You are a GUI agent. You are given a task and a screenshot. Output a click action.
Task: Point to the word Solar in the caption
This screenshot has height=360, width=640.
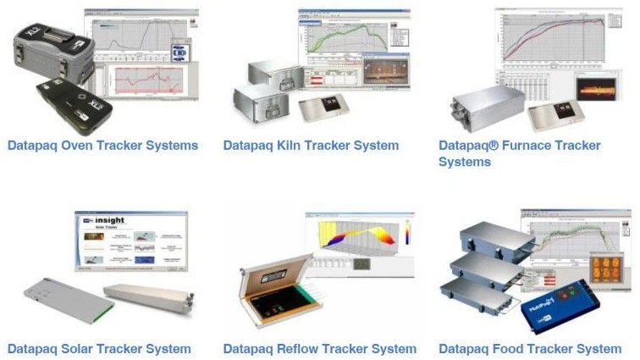click(x=74, y=349)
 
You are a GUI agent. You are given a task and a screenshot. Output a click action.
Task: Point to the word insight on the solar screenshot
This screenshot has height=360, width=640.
click(x=110, y=220)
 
